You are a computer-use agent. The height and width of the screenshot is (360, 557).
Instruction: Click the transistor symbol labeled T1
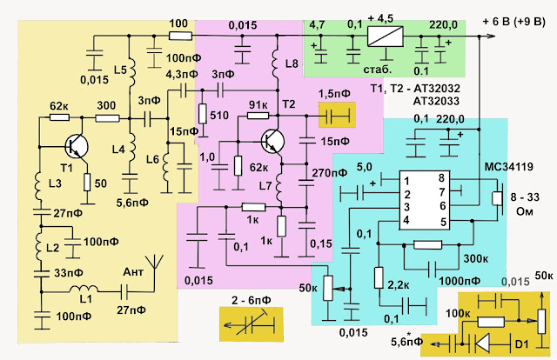pyautogui.click(x=77, y=146)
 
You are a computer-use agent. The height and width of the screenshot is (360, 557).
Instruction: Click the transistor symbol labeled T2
pyautogui.click(x=272, y=141)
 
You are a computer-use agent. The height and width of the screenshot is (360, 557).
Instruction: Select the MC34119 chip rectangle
pyautogui.click(x=425, y=200)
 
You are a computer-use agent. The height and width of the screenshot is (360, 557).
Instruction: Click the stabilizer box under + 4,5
pyautogui.click(x=385, y=37)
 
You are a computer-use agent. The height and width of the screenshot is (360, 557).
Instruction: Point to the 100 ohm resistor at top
pyautogui.click(x=180, y=36)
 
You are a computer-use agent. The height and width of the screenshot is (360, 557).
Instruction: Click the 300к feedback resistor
pyautogui.click(x=428, y=244)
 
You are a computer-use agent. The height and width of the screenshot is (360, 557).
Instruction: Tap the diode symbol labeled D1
pyautogui.click(x=482, y=343)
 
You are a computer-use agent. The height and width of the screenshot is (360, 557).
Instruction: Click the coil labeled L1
pyautogui.click(x=84, y=289)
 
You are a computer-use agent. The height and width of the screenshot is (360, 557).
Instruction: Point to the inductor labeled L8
pyautogui.click(x=277, y=64)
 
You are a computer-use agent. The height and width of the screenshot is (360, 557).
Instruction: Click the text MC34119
pyautogui.click(x=509, y=166)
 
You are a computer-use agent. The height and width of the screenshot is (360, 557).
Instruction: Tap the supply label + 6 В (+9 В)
pyautogui.click(x=513, y=22)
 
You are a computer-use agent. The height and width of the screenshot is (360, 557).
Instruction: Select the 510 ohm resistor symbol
pyautogui.click(x=203, y=114)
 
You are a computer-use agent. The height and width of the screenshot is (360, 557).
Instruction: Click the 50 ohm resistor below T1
pyautogui.click(x=87, y=183)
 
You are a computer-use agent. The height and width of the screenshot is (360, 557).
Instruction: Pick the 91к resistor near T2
pyautogui.click(x=258, y=116)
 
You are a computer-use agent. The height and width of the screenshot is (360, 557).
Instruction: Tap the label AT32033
pyautogui.click(x=436, y=101)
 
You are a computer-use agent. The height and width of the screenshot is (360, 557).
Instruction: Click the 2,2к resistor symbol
pyautogui.click(x=379, y=277)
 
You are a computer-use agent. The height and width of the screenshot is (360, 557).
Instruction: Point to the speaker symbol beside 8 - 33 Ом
pyautogui.click(x=498, y=198)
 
